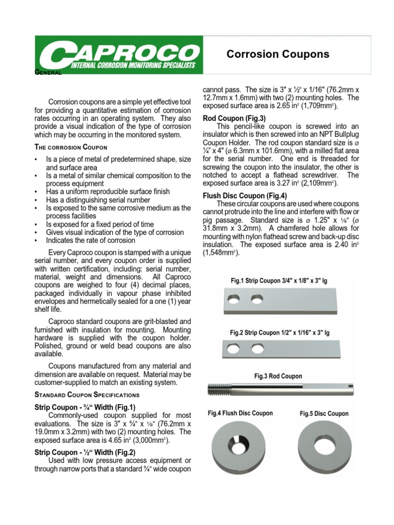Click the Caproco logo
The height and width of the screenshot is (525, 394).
pyautogui.click(x=119, y=55)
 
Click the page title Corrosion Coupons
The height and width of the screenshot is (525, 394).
pyautogui.click(x=278, y=54)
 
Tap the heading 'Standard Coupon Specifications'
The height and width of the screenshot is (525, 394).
pyautogui.click(x=87, y=395)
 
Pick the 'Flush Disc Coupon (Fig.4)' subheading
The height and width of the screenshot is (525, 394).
pyautogui.click(x=245, y=195)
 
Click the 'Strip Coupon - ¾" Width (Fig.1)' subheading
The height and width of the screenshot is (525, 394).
pyautogui.click(x=85, y=407)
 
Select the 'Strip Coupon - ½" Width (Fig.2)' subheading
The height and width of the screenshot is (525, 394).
pyautogui.click(x=85, y=452)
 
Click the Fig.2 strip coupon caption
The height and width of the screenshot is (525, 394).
pyautogui.click(x=280, y=333)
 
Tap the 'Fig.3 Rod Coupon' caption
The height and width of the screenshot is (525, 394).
pyautogui.click(x=278, y=376)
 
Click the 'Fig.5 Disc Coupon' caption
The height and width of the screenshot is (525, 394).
pyautogui.click(x=324, y=414)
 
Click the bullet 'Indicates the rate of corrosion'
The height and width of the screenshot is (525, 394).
pyautogui.click(x=90, y=240)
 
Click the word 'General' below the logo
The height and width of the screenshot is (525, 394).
pyautogui.click(x=48, y=73)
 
